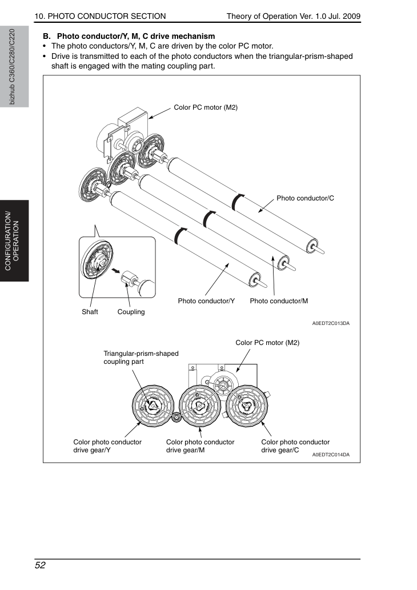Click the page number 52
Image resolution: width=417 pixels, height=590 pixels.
pos(40,565)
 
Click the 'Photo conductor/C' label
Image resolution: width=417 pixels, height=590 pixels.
pos(305,198)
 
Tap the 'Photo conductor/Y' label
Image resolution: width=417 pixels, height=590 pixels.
pos(206,301)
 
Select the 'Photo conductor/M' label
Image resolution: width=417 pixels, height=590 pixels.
pos(279,301)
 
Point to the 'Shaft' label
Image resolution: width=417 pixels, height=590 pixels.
pos(90,312)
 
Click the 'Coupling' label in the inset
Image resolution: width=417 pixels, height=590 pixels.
pos(131,312)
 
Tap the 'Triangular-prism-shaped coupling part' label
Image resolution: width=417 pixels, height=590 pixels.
pos(141,358)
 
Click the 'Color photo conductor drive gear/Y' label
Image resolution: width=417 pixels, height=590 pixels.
pos(107,446)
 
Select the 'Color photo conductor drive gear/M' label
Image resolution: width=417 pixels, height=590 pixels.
pos(201,446)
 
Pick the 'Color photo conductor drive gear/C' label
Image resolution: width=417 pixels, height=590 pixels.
pos(295,446)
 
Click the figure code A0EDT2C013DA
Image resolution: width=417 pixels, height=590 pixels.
pos(331,323)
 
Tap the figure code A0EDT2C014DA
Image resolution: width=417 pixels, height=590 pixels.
pos(331,455)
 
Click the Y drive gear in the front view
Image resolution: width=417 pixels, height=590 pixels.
pos(153,406)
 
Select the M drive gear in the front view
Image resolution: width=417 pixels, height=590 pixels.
pos(199,406)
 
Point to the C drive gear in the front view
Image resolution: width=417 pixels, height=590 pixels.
pos(247,406)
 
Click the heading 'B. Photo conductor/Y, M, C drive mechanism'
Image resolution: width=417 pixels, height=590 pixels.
pos(129,37)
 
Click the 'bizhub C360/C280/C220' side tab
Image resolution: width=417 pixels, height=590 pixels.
pos(12,67)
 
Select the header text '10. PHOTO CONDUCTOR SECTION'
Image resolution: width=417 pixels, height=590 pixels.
pos(100,16)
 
